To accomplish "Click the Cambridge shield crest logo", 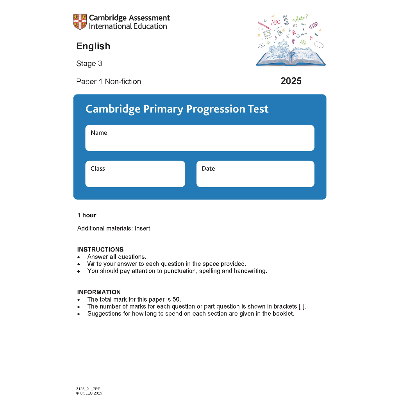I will pos(80,21).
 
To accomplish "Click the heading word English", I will pos(93,46).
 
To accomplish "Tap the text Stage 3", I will pos(89,64).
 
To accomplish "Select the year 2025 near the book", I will pos(291,81).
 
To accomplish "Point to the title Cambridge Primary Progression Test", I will pos(177,109).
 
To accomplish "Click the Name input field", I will pos(200,138).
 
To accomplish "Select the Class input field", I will pos(135,174).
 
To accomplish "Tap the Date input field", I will pos(255,174).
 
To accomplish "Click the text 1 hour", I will pos(87,215).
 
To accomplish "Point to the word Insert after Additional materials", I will pos(142,228).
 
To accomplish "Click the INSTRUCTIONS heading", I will pos(100,249).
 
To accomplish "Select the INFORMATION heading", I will pos(99,292).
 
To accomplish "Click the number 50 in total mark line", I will pos(177,299).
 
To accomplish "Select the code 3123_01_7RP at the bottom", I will pos(88,389).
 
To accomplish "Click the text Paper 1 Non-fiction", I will pos(109,82).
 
